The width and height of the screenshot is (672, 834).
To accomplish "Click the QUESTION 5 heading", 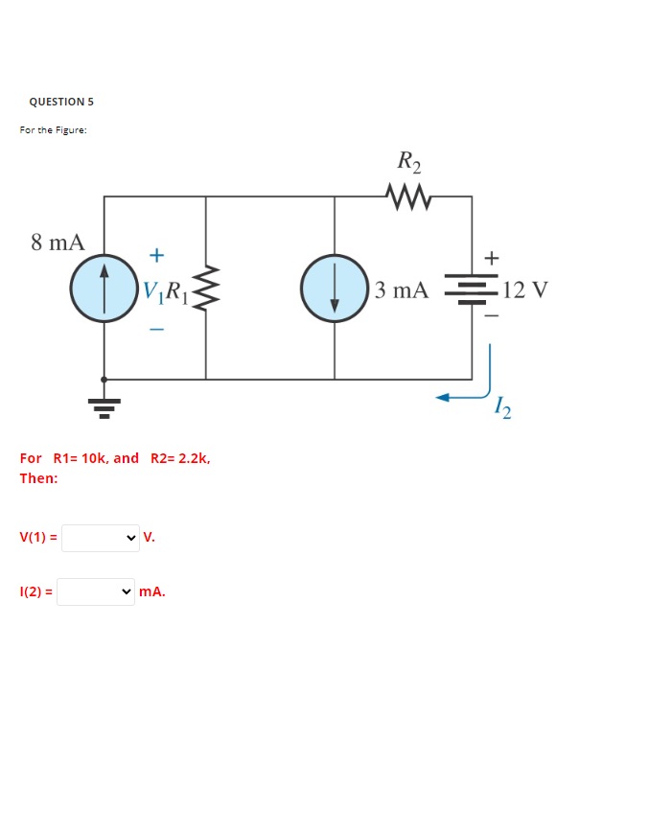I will click(61, 102).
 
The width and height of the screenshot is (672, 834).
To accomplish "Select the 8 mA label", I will click(58, 242).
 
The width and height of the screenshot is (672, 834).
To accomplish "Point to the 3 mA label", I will click(402, 290).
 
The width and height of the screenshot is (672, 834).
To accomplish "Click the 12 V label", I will click(524, 290).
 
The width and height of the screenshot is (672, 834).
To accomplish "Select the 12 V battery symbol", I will click(471, 290).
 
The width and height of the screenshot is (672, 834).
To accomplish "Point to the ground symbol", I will click(104, 406).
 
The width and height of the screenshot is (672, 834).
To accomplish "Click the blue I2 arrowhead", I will click(444, 398).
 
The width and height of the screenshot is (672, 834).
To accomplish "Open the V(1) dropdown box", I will click(101, 538).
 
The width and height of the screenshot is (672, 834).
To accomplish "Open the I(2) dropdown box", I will click(96, 592).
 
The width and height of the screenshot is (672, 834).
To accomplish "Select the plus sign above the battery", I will click(493, 258).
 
